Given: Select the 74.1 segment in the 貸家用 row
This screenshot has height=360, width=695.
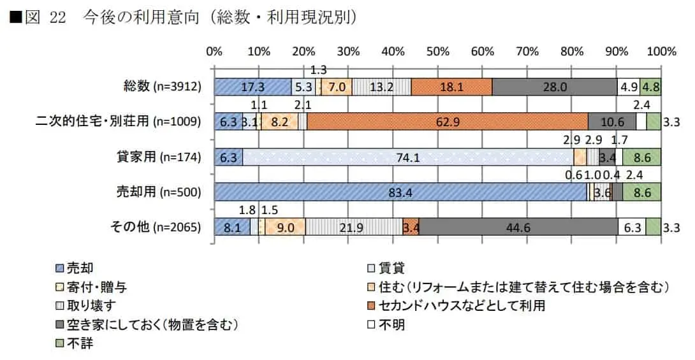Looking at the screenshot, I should (x=408, y=157).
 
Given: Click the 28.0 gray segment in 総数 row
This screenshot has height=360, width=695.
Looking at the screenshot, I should (x=554, y=87).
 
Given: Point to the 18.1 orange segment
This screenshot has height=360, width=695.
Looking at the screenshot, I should (x=451, y=87).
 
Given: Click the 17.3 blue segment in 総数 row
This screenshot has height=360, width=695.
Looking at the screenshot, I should (x=252, y=87).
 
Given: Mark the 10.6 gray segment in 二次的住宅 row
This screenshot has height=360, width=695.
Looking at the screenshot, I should (x=611, y=121).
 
